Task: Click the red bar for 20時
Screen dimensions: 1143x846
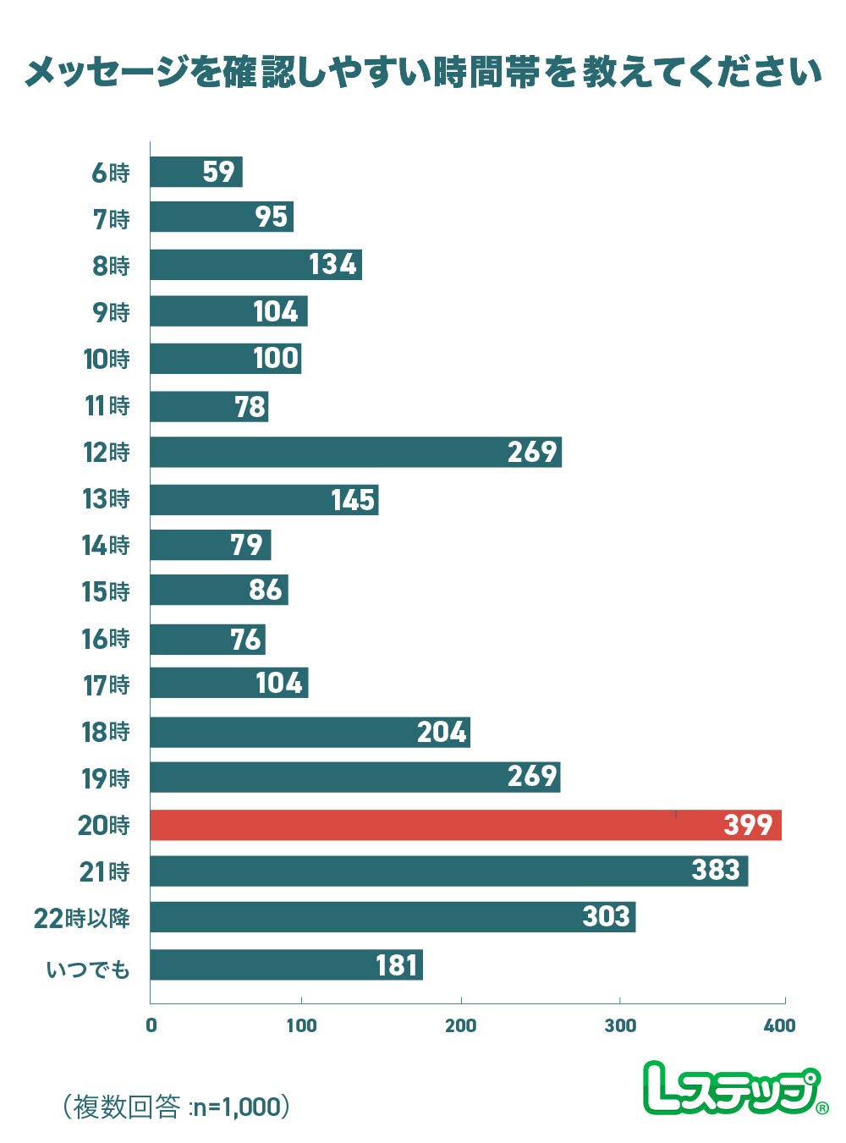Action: click(465, 825)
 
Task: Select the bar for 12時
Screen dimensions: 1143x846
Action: click(355, 452)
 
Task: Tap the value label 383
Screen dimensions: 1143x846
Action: click(716, 870)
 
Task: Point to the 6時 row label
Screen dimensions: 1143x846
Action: click(111, 173)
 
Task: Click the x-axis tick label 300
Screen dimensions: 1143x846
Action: click(620, 1025)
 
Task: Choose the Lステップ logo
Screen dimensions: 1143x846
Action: click(734, 1088)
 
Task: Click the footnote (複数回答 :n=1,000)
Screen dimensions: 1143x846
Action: click(177, 1106)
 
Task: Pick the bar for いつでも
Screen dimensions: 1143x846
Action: click(286, 964)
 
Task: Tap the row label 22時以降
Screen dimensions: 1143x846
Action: click(82, 918)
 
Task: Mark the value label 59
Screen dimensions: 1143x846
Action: click(218, 172)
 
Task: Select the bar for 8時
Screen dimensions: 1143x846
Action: click(255, 265)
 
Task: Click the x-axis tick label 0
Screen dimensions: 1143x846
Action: click(151, 1025)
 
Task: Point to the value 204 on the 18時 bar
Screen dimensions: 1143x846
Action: click(442, 732)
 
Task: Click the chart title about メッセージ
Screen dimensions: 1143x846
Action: click(423, 73)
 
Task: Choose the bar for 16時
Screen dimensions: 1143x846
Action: click(207, 639)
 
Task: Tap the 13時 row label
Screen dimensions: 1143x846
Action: click(107, 498)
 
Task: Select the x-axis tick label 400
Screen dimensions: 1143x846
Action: click(779, 1025)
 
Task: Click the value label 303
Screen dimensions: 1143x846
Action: click(607, 916)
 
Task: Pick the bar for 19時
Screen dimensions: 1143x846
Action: click(355, 777)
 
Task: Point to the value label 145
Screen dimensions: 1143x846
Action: click(353, 500)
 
